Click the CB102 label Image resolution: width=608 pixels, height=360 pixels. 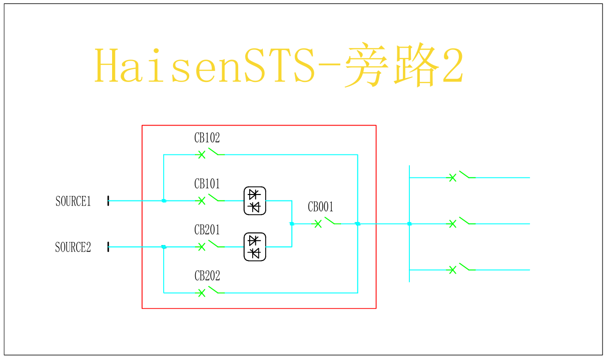pyautogui.click(x=207, y=138)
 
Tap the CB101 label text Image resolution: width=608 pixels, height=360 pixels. pyautogui.click(x=207, y=184)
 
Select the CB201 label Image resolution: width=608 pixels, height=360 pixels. pyautogui.click(x=207, y=230)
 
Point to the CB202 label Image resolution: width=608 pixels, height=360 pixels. pyautogui.click(x=207, y=276)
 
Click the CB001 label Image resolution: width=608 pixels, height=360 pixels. pyautogui.click(x=321, y=207)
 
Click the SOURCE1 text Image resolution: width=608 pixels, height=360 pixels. pyautogui.click(x=73, y=201)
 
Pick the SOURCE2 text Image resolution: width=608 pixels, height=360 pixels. pyautogui.click(x=73, y=247)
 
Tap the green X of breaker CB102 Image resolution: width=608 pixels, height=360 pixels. pyautogui.click(x=202, y=154)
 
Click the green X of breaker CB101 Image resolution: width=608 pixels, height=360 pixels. pyautogui.click(x=202, y=201)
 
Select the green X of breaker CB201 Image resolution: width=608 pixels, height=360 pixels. pyautogui.click(x=202, y=247)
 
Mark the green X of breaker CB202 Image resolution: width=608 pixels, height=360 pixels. pyautogui.click(x=202, y=293)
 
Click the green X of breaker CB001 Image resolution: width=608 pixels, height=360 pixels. pyautogui.click(x=318, y=224)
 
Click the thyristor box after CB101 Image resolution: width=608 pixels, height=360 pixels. pyautogui.click(x=255, y=201)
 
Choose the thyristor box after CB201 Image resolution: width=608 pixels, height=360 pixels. pyautogui.click(x=255, y=247)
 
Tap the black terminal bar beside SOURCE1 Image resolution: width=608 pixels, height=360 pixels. pyautogui.click(x=108, y=201)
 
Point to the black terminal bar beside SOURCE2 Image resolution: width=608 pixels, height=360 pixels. pyautogui.click(x=108, y=247)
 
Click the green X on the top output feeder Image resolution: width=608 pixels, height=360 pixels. pyautogui.click(x=452, y=177)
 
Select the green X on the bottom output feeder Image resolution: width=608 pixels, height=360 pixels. pyautogui.click(x=452, y=270)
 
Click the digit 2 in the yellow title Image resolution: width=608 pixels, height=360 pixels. pyautogui.click(x=453, y=64)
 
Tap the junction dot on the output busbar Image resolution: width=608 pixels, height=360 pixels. pyautogui.click(x=409, y=224)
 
